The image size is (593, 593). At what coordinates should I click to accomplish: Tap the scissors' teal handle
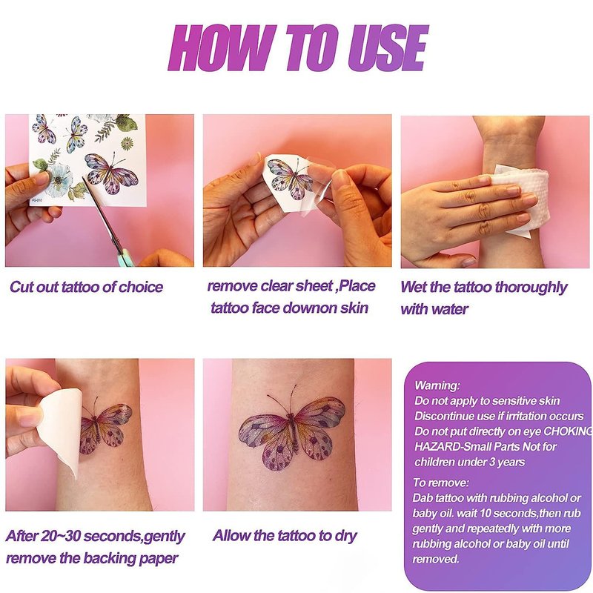[122, 257]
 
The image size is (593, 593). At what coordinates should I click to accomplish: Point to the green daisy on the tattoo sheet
[127, 143]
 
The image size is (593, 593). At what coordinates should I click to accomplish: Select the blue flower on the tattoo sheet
[58, 180]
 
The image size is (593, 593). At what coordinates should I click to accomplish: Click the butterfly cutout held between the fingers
[289, 178]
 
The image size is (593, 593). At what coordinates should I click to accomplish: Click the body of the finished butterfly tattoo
[292, 431]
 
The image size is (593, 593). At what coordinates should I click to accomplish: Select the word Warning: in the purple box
[437, 385]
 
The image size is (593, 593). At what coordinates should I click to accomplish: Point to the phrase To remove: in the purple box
[440, 483]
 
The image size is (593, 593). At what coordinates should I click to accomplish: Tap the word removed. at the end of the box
[436, 559]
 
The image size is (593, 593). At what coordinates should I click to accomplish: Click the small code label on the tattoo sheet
[37, 199]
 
